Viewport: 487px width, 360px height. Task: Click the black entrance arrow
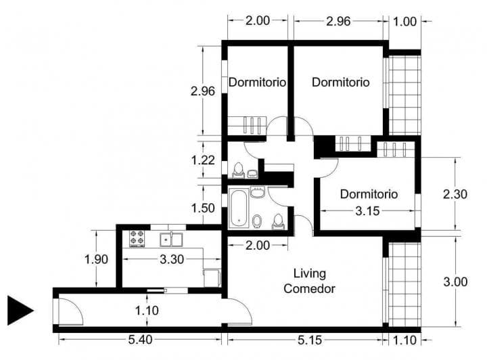pyautogui.click(x=19, y=311)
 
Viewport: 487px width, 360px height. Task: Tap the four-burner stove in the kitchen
pyautogui.click(x=137, y=238)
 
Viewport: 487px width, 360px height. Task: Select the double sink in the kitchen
pyautogui.click(x=171, y=239)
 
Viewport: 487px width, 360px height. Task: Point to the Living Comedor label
pyautogui.click(x=310, y=281)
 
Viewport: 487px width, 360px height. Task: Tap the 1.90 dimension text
pyautogui.click(x=95, y=258)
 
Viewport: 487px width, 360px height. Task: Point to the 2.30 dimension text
pyautogui.click(x=455, y=194)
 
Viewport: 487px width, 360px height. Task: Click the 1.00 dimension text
pyautogui.click(x=404, y=21)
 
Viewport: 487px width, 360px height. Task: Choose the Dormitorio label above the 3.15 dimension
pyautogui.click(x=369, y=194)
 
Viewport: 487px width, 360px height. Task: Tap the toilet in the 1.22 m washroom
pyautogui.click(x=238, y=169)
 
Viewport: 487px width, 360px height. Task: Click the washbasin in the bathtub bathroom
pyautogui.click(x=257, y=193)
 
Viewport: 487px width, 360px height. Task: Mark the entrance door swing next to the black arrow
pyautogui.click(x=69, y=311)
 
